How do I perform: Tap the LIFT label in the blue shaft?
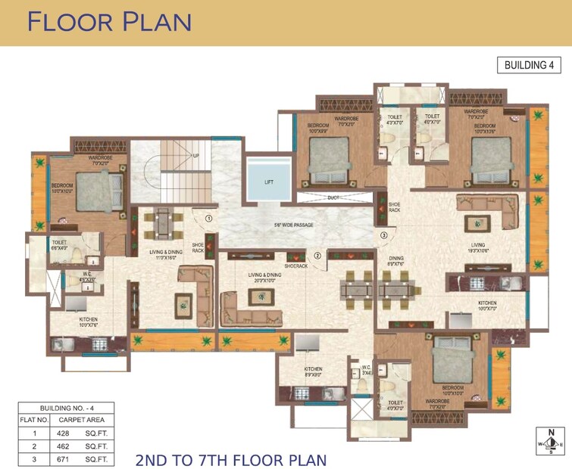pyautogui.click(x=269, y=182)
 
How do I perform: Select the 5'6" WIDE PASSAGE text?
pyautogui.click(x=293, y=225)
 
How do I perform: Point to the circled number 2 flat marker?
pyautogui.click(x=318, y=256)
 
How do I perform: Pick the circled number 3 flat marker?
pyautogui.click(x=384, y=236)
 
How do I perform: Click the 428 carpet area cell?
pyautogui.click(x=62, y=433)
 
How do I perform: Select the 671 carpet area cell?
pyautogui.click(x=62, y=458)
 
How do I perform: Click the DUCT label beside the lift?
pyautogui.click(x=333, y=197)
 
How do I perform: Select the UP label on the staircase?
pyautogui.click(x=195, y=155)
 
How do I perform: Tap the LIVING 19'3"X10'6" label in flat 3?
pyautogui.click(x=478, y=247)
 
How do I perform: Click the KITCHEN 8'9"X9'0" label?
pyautogui.click(x=314, y=371)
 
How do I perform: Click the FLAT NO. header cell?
pyautogui.click(x=33, y=420)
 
